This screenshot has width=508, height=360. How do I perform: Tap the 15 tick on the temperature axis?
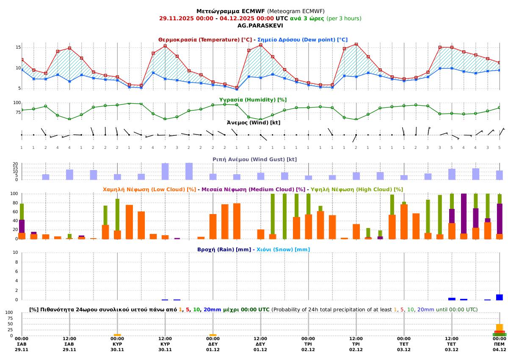[x=18, y=47]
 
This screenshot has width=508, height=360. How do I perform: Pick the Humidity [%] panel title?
[x=253, y=99]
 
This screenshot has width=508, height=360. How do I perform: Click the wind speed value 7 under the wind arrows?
[x=165, y=147]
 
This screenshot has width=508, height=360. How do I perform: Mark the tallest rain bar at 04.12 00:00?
[x=500, y=297]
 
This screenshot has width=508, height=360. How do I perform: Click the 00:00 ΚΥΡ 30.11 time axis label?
[x=117, y=344]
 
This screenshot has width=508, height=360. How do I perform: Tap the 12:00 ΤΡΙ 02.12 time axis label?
[x=356, y=344]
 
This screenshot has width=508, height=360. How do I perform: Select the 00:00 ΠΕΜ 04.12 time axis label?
[x=500, y=344]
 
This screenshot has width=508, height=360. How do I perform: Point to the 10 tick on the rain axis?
[x=16, y=253]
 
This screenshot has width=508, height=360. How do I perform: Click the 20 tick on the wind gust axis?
[x=15, y=164]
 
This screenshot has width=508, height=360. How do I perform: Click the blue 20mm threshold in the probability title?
[x=212, y=310]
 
